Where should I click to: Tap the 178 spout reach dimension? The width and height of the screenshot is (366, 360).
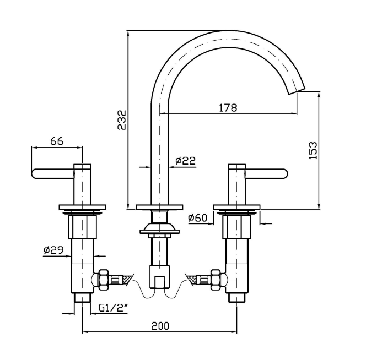(x=228, y=108)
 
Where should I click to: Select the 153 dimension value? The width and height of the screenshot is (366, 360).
(x=312, y=151)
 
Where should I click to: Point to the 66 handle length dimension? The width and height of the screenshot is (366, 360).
(x=57, y=141)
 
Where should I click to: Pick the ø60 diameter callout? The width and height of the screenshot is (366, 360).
(x=197, y=219)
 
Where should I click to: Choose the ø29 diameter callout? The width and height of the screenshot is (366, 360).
(x=53, y=250)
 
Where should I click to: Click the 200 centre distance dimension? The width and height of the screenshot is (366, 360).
(x=160, y=326)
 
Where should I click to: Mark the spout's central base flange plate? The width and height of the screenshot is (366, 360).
(x=159, y=208)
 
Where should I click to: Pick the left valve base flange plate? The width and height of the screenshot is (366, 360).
(x=82, y=208)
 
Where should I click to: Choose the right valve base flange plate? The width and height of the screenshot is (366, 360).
(x=238, y=208)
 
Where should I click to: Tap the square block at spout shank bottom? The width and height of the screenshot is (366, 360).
(x=159, y=278)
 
